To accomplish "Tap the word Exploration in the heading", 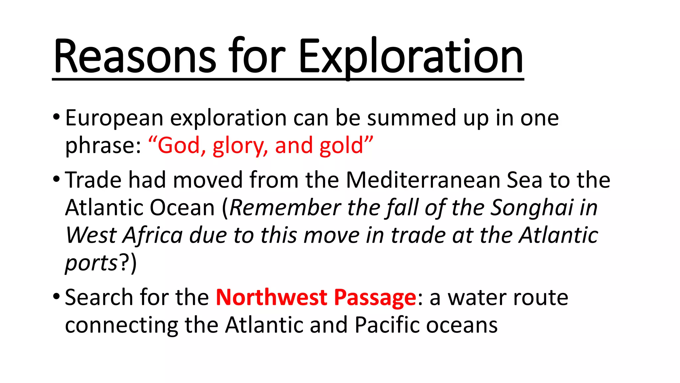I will tap(411, 57).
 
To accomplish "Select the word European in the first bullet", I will tap(114, 118).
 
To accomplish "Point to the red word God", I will tap(179, 146).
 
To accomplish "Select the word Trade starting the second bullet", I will tap(93, 180).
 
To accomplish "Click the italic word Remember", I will tap(285, 208).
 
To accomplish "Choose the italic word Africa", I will tap(153, 235).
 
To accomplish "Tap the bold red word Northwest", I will tap(272, 297).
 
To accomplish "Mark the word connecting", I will tap(122, 325).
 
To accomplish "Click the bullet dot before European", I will tap(56, 117).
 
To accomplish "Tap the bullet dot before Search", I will tap(56, 296).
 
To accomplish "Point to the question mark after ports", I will tap(124, 263).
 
